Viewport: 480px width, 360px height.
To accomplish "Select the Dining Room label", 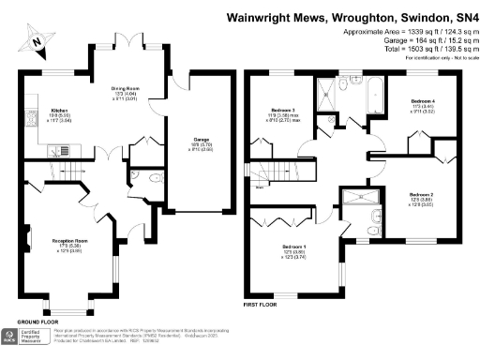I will tap(127, 90).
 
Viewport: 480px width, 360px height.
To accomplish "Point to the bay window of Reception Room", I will tap(67, 308).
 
